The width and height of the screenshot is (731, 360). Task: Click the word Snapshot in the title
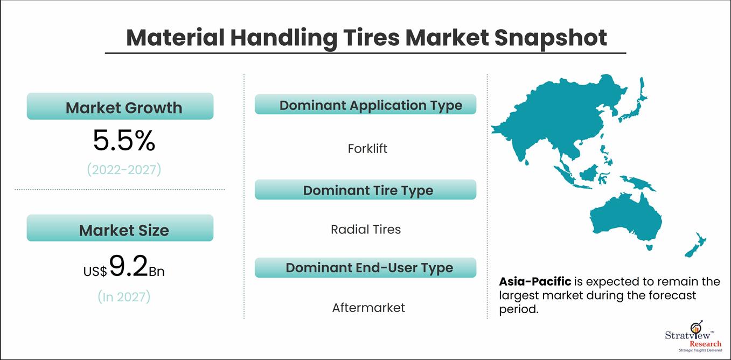click(551, 38)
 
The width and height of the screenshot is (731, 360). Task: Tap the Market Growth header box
click(120, 106)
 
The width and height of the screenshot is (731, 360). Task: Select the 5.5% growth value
click(124, 140)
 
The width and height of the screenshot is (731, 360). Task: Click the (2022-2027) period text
click(124, 170)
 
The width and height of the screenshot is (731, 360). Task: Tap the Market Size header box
click(120, 228)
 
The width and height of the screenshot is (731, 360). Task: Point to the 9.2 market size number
click(129, 266)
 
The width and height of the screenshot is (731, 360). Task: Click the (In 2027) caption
click(124, 297)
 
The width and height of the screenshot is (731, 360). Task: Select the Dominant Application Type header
click(365, 105)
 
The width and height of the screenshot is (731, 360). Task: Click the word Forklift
click(367, 149)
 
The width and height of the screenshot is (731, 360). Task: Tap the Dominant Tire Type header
click(365, 190)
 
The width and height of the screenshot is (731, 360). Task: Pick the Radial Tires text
click(366, 230)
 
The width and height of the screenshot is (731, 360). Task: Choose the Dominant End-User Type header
click(365, 268)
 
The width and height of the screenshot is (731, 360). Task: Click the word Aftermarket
click(368, 307)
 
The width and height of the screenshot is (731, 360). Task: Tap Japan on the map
click(635, 105)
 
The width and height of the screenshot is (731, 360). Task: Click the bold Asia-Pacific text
click(535, 281)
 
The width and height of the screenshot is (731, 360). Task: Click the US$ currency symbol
click(95, 272)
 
